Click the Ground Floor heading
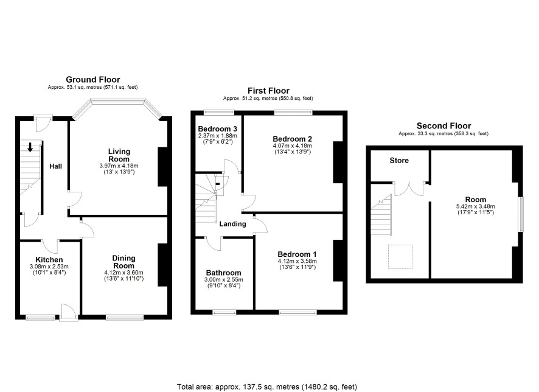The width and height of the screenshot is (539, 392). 93,80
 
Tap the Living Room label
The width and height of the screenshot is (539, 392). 119,155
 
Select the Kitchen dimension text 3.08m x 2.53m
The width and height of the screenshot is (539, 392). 49,267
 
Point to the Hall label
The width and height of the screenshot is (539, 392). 56,166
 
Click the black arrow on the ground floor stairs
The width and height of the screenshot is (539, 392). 30,147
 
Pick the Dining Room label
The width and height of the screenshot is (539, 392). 123,262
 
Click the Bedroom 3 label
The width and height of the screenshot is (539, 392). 217,129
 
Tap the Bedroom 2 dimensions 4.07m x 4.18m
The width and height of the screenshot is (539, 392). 292,146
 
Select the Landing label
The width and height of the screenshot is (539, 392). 233,224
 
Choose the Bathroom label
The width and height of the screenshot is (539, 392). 223,273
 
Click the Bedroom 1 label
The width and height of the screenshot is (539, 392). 297,254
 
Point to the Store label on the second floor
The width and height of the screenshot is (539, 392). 399,161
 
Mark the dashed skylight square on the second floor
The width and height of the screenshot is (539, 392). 400,257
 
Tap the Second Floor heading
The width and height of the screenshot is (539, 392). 443,126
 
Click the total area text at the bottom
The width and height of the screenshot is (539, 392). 267,387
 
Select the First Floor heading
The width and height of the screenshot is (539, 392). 268,91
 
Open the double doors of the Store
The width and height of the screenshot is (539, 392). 409,189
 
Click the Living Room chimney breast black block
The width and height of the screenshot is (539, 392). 162,167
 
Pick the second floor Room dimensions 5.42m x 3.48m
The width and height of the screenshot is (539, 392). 475,206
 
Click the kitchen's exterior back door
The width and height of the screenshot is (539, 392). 68,312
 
